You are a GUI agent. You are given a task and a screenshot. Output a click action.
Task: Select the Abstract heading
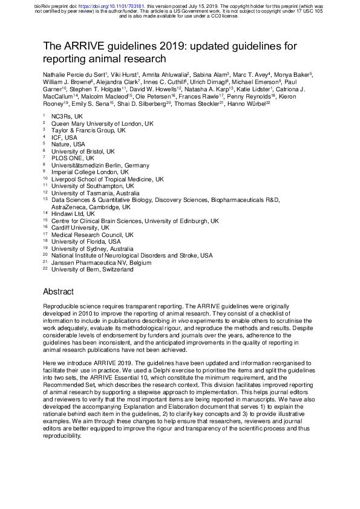point(58,291)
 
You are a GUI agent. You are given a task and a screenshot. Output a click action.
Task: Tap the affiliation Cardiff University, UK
point(80,228)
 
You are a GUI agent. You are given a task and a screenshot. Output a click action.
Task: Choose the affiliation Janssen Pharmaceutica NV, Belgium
point(102,263)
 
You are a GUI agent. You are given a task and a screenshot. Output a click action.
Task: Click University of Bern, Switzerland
point(92,270)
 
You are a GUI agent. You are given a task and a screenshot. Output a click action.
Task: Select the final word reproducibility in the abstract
point(67,435)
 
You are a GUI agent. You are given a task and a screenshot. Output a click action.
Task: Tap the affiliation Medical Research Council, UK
point(92,235)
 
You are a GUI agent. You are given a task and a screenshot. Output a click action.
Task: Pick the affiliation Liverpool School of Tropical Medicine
point(107,179)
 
